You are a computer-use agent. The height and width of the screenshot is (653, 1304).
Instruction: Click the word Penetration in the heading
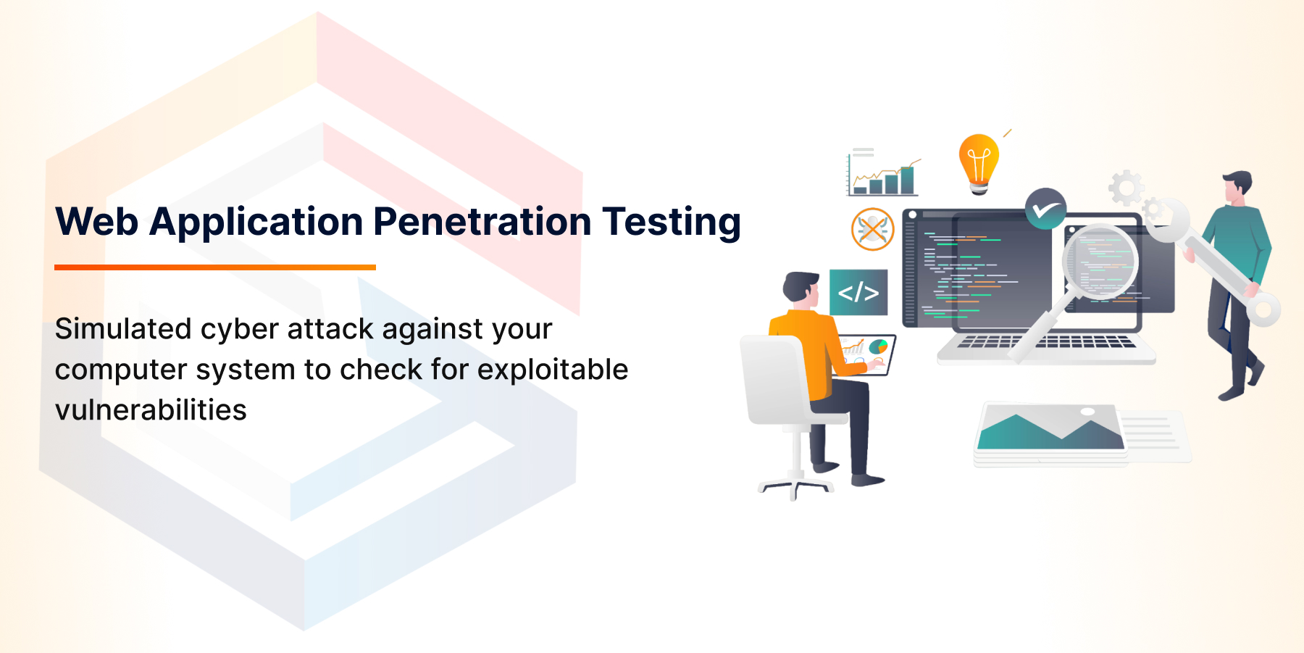click(482, 222)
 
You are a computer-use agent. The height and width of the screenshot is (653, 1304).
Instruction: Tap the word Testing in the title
click(672, 222)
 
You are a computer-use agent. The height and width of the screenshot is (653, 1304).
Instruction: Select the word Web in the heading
click(96, 222)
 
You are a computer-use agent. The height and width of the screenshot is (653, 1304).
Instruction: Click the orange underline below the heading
click(215, 267)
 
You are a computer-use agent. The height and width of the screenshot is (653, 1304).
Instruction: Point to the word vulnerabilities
click(151, 410)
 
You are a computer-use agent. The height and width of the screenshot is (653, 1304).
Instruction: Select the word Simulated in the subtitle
click(122, 329)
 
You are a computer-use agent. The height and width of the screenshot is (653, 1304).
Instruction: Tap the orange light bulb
click(979, 162)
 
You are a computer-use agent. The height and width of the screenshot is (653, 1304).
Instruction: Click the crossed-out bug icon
click(872, 229)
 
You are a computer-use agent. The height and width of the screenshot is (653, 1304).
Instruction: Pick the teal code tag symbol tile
click(858, 292)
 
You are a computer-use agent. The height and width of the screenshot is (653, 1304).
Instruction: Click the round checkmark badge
click(1045, 209)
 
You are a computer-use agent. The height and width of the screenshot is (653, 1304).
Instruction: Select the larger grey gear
click(1127, 188)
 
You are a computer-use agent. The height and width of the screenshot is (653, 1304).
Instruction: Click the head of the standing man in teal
click(1237, 187)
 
